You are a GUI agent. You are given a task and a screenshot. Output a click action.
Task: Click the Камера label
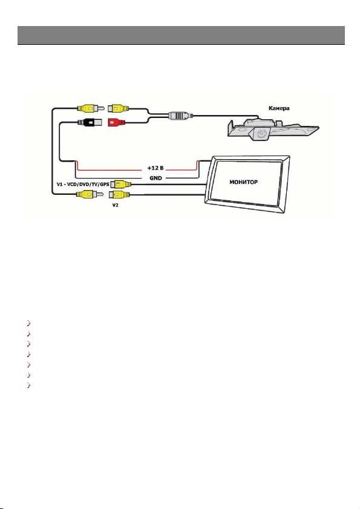279,108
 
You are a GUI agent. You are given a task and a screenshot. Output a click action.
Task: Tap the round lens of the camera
260,133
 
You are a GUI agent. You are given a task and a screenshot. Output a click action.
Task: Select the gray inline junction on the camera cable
180,115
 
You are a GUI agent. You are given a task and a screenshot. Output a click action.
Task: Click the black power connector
90,122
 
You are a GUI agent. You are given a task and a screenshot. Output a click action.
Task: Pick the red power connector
117,122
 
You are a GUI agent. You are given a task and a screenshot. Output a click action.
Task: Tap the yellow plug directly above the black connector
91,108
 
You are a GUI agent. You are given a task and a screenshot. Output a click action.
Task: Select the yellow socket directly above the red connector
118,108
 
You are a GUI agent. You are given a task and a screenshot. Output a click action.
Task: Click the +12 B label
155,168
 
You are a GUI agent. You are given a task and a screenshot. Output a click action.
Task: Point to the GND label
156,178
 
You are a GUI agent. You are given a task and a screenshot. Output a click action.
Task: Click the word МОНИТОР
243,182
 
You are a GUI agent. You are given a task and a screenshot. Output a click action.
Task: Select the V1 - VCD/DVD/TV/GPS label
83,185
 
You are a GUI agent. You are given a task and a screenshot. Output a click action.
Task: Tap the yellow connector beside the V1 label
120,185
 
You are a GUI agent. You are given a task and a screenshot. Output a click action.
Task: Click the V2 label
115,205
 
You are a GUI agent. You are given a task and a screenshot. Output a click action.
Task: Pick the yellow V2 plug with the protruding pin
90,194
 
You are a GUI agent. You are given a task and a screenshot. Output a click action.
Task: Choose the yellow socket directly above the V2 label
119,194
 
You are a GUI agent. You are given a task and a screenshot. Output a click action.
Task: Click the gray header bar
181,35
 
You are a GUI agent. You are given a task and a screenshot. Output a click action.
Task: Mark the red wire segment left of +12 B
108,169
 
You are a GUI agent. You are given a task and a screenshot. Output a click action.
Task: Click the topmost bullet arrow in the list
29,323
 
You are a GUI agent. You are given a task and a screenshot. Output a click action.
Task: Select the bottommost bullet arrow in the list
29,386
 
